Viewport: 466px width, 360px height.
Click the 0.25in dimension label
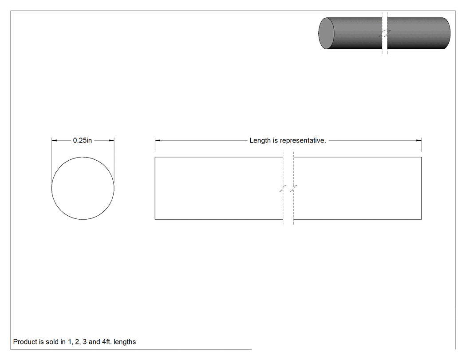pos(82,140)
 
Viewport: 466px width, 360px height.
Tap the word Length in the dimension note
pos(260,141)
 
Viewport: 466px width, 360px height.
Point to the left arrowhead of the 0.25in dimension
pos(55,140)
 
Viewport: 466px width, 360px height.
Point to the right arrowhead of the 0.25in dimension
pos(111,140)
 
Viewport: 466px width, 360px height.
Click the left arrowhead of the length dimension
pos(158,140)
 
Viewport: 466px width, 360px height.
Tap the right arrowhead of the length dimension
pos(419,140)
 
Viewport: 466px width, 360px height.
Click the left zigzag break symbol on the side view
pos(283,188)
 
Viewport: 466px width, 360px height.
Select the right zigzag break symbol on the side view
pos(294,188)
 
